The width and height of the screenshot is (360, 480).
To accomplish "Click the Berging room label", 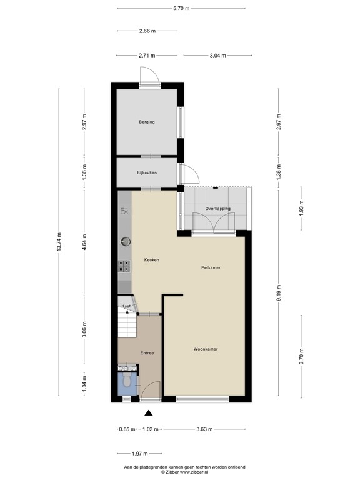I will click(147, 122).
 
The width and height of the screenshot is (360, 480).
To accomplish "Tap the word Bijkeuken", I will click(147, 172).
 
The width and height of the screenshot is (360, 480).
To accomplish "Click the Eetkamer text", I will click(211, 267).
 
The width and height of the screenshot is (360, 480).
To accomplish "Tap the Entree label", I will click(147, 353).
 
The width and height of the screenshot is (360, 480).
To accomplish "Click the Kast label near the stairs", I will click(126, 306).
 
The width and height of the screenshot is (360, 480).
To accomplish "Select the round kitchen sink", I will click(125, 239).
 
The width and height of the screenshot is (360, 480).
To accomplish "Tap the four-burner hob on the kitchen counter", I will click(124, 266).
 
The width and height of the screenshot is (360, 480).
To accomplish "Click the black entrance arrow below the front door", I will click(148, 412).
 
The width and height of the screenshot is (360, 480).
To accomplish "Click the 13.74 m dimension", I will click(59, 242).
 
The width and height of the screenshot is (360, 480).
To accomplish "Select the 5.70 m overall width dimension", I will click(181, 8).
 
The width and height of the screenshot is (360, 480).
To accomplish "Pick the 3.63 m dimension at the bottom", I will click(204, 429).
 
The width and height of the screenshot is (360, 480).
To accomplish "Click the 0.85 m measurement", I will click(127, 429).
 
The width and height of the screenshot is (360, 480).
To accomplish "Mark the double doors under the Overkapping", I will click(214, 223).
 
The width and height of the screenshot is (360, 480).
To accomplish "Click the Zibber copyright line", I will click(181, 472).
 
